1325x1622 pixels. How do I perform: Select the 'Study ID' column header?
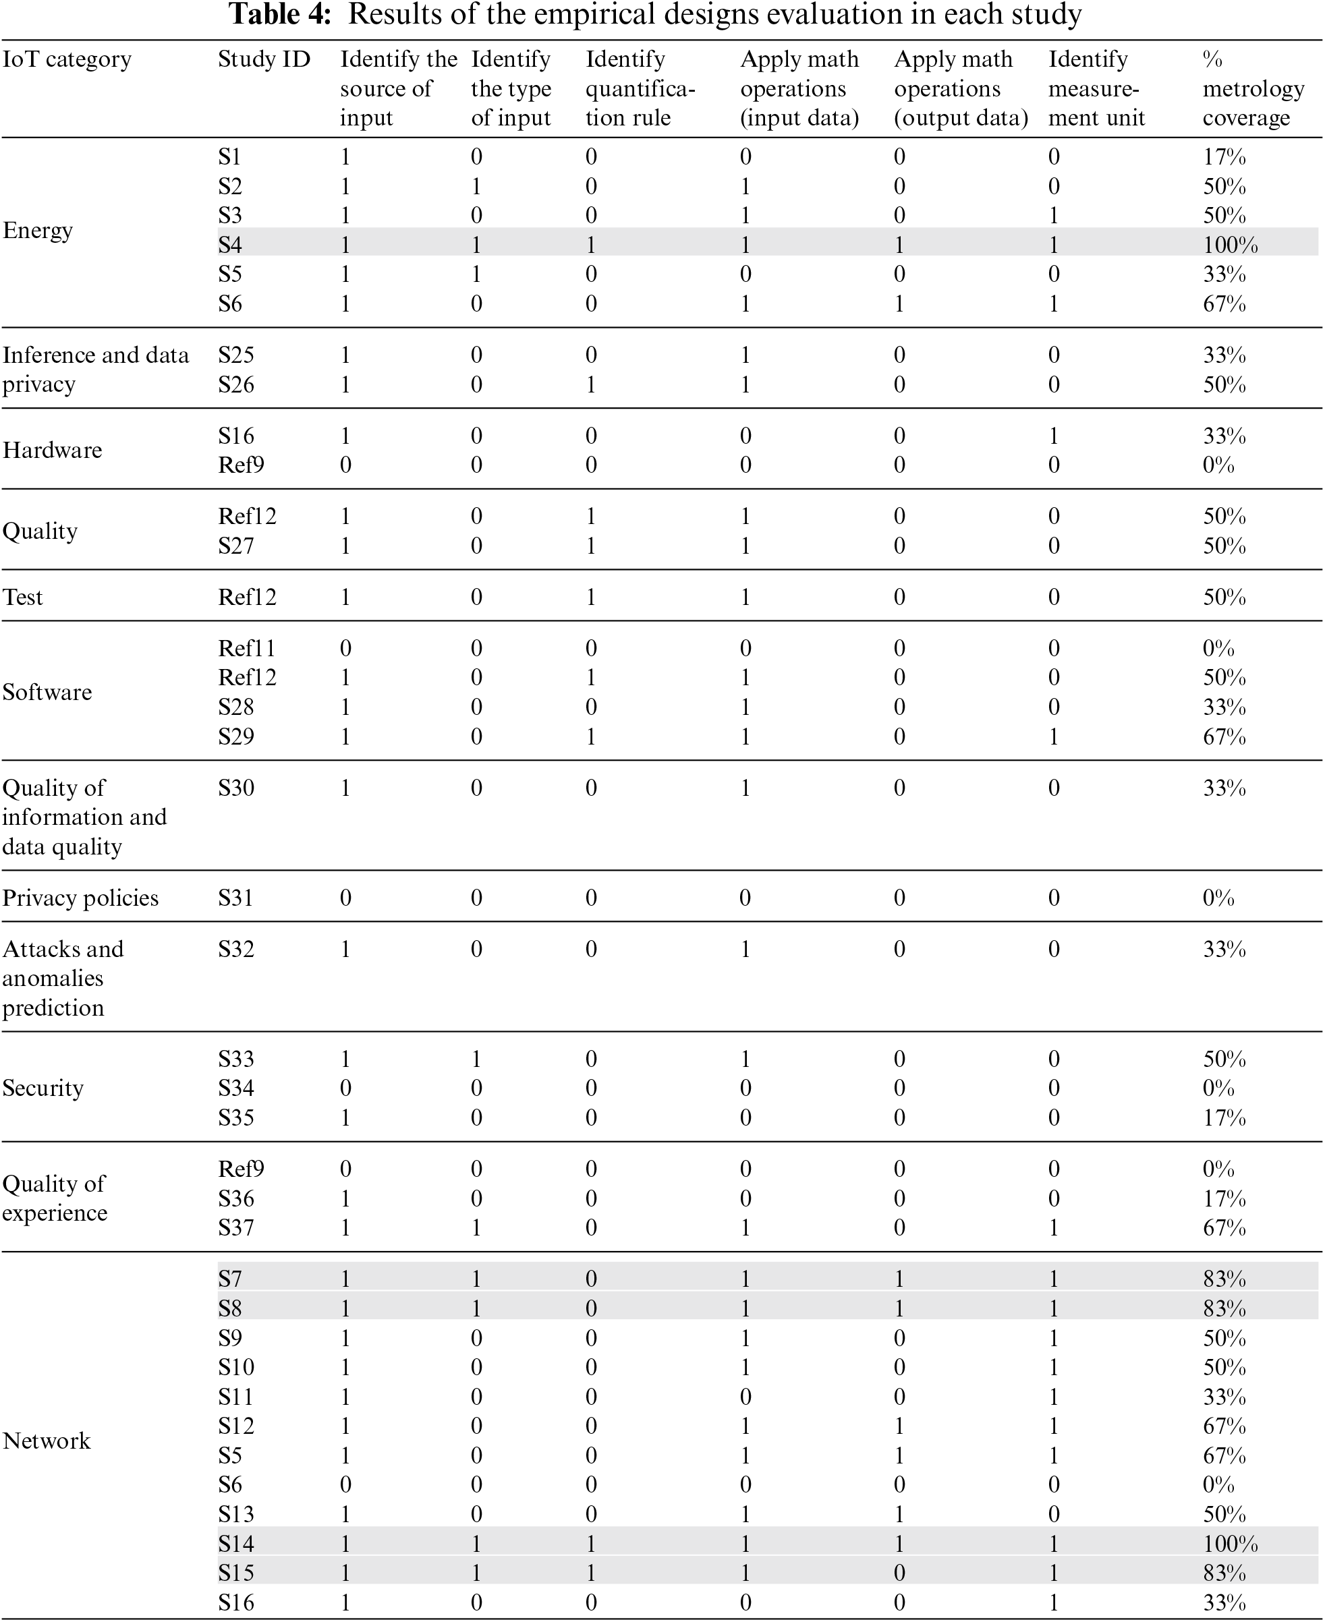click(264, 59)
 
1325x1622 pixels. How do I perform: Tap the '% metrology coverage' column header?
click(1253, 88)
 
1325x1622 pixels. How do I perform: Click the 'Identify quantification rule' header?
click(640, 88)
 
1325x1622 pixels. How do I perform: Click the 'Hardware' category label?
click(52, 450)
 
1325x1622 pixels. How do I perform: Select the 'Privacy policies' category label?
click(80, 898)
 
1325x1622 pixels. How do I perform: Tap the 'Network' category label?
click(47, 1441)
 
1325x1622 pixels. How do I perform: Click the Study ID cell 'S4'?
click(230, 245)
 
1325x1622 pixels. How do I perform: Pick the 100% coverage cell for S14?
click(1230, 1544)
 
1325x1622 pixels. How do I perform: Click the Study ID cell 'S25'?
click(236, 355)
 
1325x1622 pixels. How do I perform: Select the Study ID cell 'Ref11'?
click(246, 649)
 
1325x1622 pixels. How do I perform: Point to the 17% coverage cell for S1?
click(1224, 157)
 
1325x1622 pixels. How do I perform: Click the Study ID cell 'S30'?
click(236, 788)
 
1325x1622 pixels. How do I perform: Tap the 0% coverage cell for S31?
click(1218, 898)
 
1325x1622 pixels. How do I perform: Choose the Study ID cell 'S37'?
click(236, 1227)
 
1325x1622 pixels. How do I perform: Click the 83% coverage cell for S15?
click(1224, 1573)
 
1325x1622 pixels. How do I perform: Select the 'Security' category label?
click(43, 1088)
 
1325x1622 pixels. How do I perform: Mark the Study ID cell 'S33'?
click(236, 1059)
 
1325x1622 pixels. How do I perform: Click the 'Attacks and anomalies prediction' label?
click(63, 978)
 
